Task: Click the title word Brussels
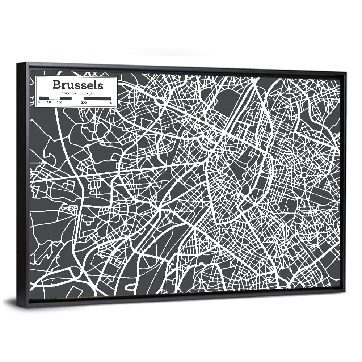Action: click(x=77, y=85)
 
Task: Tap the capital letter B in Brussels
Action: click(x=56, y=85)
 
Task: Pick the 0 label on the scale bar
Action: click(x=39, y=103)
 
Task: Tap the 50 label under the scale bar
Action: click(x=49, y=103)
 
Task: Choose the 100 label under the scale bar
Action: click(x=59, y=103)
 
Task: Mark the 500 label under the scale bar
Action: click(x=84, y=103)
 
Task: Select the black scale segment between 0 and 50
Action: click(x=44, y=98)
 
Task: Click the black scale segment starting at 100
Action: click(x=65, y=98)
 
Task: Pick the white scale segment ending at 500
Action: click(x=78, y=98)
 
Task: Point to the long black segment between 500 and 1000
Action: click(x=97, y=98)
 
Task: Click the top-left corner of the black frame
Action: click(x=17, y=63)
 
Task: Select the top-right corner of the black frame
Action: click(x=346, y=73)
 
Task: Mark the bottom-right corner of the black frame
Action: click(x=345, y=291)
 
